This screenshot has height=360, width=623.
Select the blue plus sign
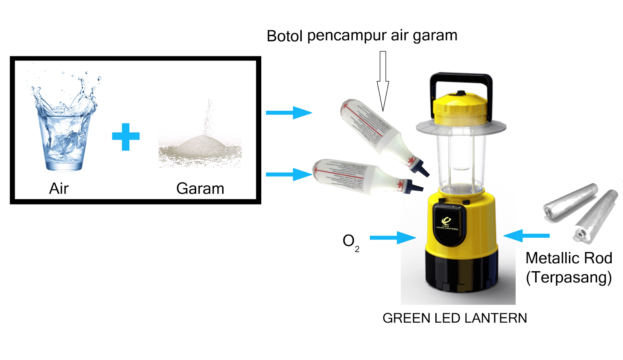coord(125,136)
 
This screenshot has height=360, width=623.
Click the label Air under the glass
coord(59,189)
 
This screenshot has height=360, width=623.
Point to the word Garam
coord(200,189)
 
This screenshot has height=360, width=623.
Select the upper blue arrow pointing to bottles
coord(289,113)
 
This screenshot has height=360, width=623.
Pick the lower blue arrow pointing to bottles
coord(289,174)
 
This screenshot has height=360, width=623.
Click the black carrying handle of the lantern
coord(461,78)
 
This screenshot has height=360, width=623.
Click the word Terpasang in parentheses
coord(569,277)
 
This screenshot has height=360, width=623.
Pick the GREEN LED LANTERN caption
coord(454,318)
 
